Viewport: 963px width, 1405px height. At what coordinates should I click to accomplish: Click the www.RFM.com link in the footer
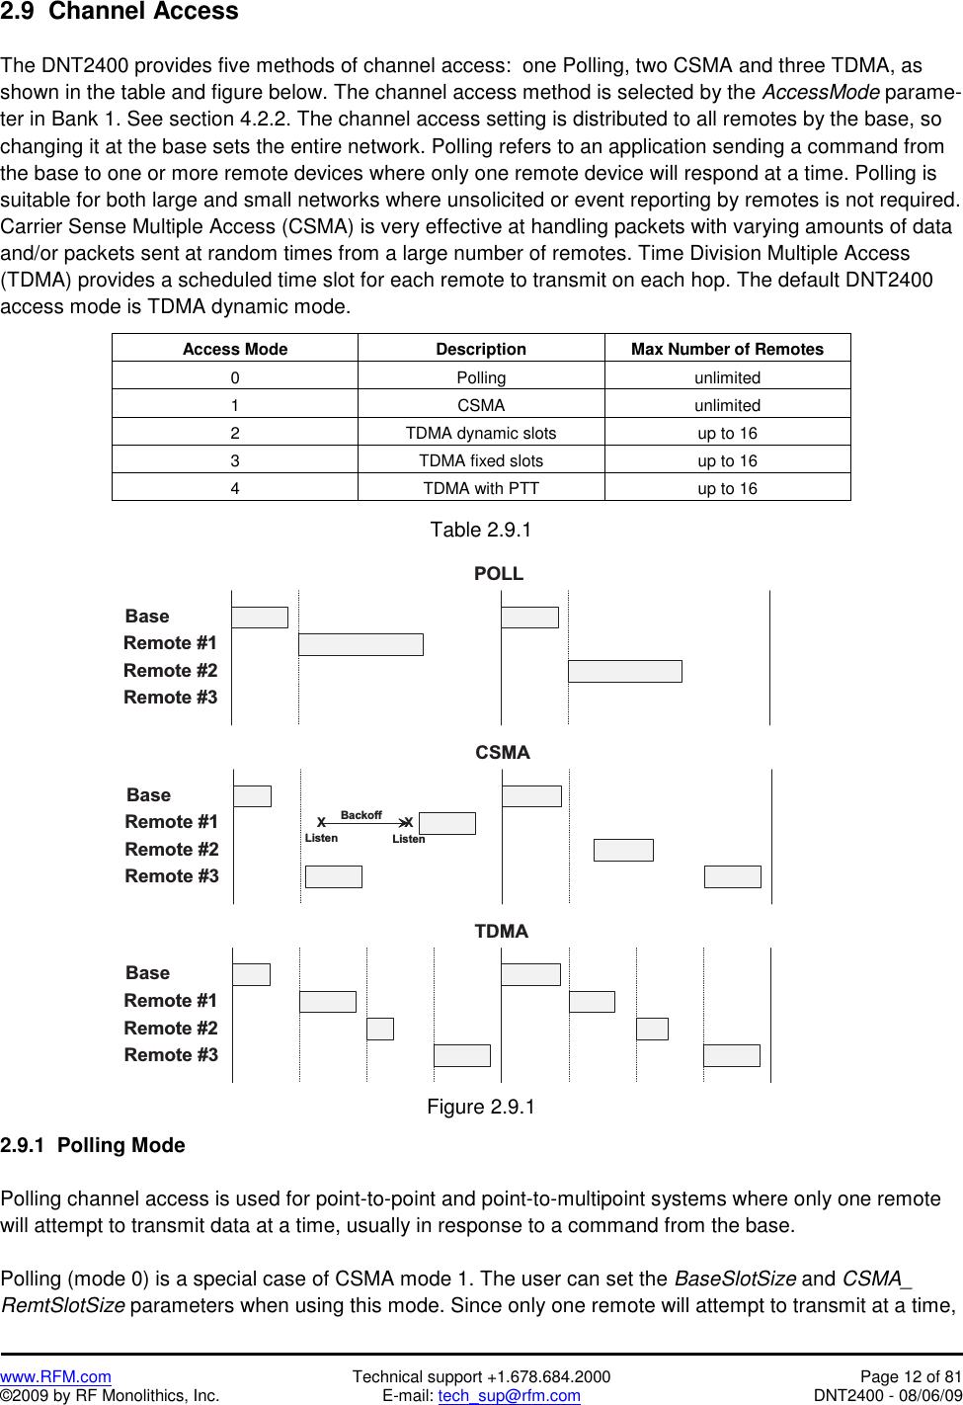coord(55,1376)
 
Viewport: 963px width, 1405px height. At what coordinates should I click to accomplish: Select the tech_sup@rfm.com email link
coord(509,1395)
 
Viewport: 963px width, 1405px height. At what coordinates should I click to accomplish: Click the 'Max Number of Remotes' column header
coord(727,349)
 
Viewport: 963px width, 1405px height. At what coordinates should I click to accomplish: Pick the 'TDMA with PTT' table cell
coord(481,488)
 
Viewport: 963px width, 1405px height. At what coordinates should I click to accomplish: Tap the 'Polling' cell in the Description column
coord(481,377)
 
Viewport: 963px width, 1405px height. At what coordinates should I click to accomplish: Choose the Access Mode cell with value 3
coord(235,460)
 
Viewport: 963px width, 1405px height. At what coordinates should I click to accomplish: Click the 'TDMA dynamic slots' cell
coord(481,433)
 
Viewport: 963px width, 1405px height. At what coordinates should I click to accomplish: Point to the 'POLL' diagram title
coord(499,574)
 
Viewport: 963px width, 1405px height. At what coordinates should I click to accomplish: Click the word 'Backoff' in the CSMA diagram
coord(361,815)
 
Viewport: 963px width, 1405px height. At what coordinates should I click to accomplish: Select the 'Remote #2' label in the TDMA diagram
coord(171,1028)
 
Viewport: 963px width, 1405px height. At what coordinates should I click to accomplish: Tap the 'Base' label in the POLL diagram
coord(147,617)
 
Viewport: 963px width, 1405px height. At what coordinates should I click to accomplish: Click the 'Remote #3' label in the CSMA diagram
coord(172,876)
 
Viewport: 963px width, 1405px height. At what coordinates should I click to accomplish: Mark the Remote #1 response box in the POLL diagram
coord(361,644)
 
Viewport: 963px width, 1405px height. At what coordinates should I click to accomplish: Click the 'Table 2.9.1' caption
coord(481,530)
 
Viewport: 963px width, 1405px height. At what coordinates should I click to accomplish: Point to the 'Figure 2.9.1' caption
coord(481,1107)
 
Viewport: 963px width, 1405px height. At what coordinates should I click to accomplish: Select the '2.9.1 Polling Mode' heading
coord(93,1145)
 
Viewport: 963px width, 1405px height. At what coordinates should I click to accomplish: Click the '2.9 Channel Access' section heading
coord(120,12)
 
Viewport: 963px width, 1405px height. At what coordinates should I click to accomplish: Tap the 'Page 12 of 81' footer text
coord(910,1376)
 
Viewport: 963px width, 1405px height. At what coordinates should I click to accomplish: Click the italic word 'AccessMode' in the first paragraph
coord(821,92)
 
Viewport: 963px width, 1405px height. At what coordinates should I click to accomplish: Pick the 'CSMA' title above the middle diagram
coord(503,753)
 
